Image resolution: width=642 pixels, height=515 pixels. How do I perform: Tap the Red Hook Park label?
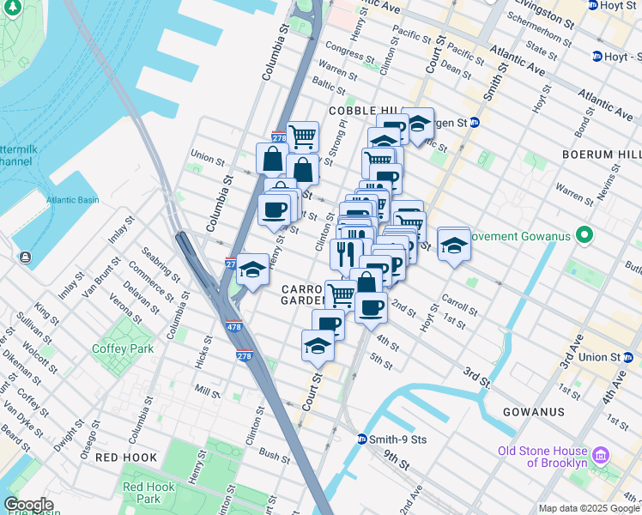pos(148,493)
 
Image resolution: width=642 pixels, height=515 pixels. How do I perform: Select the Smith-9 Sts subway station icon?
pos(362,439)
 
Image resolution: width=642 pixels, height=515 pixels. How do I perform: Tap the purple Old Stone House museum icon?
pos(601,453)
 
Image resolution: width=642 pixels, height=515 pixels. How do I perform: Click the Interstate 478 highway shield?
pos(235,326)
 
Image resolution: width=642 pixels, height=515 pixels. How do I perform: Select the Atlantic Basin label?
pos(72,200)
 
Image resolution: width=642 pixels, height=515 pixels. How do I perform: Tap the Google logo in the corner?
pos(28,505)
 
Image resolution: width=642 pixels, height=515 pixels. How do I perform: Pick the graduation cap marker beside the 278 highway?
pos(252,270)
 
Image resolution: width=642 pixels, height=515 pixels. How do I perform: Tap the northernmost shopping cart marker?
pos(302,136)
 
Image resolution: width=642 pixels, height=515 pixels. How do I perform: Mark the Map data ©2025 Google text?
pos(588,508)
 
